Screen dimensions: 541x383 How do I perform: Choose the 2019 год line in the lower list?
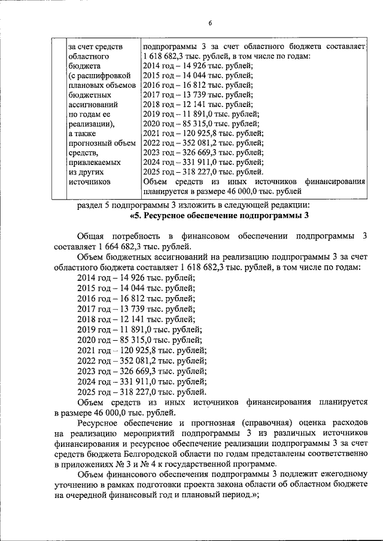tap(139, 329)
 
